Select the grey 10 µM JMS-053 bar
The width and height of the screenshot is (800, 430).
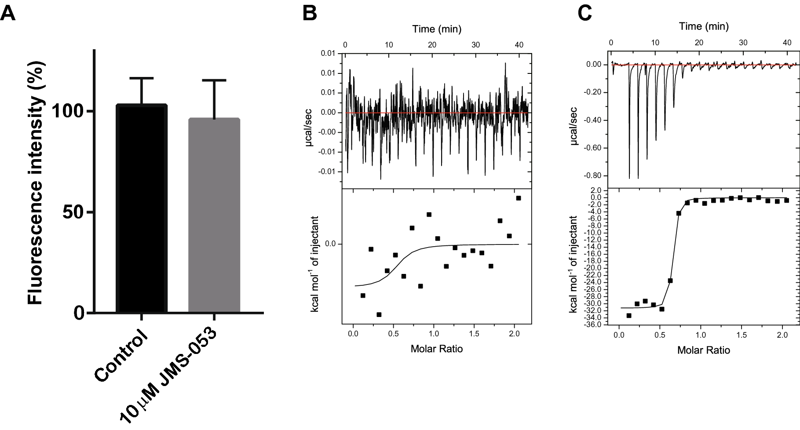click(x=214, y=215)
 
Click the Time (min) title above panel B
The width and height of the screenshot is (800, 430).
click(x=437, y=29)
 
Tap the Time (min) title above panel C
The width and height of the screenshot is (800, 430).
click(x=704, y=26)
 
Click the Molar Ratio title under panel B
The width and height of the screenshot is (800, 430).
click(x=437, y=349)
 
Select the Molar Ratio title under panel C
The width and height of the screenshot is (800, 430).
click(x=704, y=350)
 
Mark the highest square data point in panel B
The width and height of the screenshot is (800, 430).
click(x=519, y=198)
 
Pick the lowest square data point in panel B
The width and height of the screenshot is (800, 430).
click(x=379, y=314)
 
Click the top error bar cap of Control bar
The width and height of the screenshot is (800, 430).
click(x=142, y=78)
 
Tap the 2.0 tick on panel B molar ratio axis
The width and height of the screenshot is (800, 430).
click(x=514, y=334)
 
